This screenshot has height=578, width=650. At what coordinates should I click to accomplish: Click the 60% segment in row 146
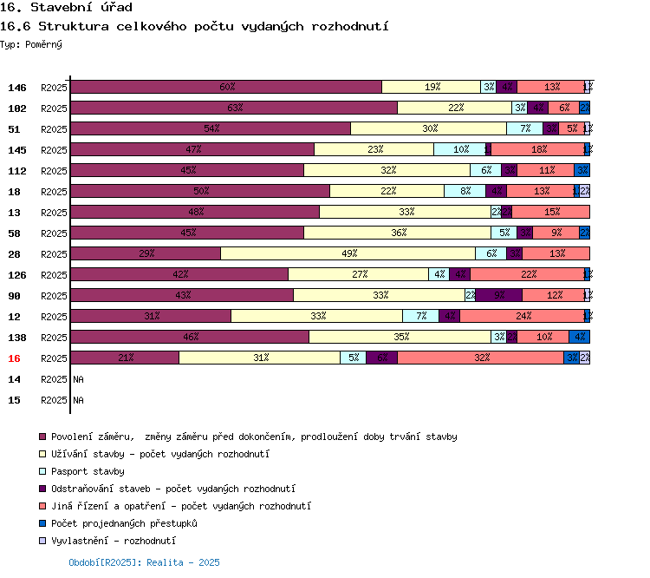(x=226, y=87)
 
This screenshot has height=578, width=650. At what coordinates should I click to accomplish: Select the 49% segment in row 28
(x=348, y=253)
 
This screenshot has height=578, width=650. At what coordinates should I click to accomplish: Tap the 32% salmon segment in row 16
(x=481, y=358)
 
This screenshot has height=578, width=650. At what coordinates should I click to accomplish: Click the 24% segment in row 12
(x=522, y=316)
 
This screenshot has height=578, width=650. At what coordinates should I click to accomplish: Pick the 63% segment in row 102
(x=234, y=108)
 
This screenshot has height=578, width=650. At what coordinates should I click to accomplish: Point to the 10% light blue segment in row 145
(x=460, y=149)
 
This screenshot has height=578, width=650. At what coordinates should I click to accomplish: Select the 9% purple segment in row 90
(x=499, y=295)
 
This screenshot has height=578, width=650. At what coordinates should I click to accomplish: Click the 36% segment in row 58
(x=397, y=233)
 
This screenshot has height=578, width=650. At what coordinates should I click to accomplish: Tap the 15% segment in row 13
(x=551, y=212)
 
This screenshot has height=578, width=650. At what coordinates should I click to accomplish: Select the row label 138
(x=17, y=338)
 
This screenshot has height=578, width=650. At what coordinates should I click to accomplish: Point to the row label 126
(x=17, y=275)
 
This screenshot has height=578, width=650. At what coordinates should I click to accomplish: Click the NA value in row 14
(x=78, y=379)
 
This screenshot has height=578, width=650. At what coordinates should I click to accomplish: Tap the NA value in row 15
(x=78, y=400)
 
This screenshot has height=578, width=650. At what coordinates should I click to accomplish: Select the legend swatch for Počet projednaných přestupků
(x=42, y=523)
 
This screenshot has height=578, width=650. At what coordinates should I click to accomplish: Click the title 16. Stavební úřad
(x=66, y=8)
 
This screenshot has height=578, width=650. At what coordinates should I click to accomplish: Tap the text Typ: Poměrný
(x=31, y=44)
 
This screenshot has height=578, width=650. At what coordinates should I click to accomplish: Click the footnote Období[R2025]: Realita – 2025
(x=144, y=562)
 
